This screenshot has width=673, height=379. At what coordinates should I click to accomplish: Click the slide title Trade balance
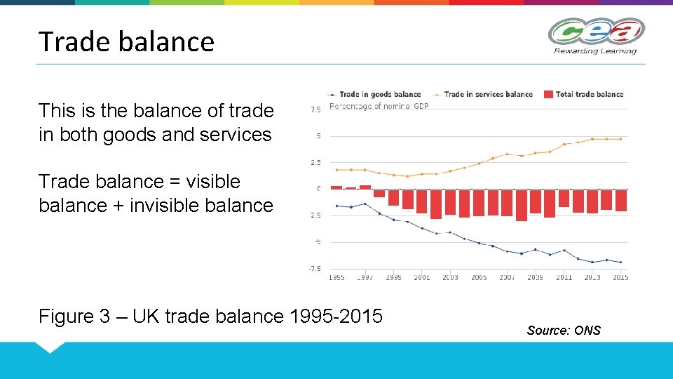click(x=126, y=41)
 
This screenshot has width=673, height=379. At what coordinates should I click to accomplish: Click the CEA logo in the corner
click(x=596, y=32)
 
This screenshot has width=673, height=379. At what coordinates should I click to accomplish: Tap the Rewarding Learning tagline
click(x=595, y=51)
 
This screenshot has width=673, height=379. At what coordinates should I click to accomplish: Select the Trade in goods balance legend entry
click(x=379, y=94)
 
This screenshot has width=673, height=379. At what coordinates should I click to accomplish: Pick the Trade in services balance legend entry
click(x=488, y=94)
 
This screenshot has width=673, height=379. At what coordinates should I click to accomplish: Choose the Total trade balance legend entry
click(x=589, y=94)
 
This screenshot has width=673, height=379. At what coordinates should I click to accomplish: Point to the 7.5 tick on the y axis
click(x=315, y=109)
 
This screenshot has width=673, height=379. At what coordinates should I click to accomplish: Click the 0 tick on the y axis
click(x=318, y=189)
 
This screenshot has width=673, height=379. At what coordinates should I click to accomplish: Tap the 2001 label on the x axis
click(x=422, y=278)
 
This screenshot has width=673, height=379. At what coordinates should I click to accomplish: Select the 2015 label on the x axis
click(x=620, y=278)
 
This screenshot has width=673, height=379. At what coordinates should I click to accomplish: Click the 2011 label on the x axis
click(x=564, y=278)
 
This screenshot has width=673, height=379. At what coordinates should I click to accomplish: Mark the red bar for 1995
click(x=336, y=187)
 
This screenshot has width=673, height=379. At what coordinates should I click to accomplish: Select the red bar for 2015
click(x=620, y=200)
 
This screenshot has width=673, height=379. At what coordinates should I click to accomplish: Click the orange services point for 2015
click(x=620, y=139)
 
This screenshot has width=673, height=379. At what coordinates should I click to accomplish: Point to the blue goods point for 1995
click(x=336, y=206)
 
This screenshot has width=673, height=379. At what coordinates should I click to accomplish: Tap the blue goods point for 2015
click(x=620, y=262)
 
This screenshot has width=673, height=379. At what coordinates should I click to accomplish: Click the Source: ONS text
click(x=564, y=331)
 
